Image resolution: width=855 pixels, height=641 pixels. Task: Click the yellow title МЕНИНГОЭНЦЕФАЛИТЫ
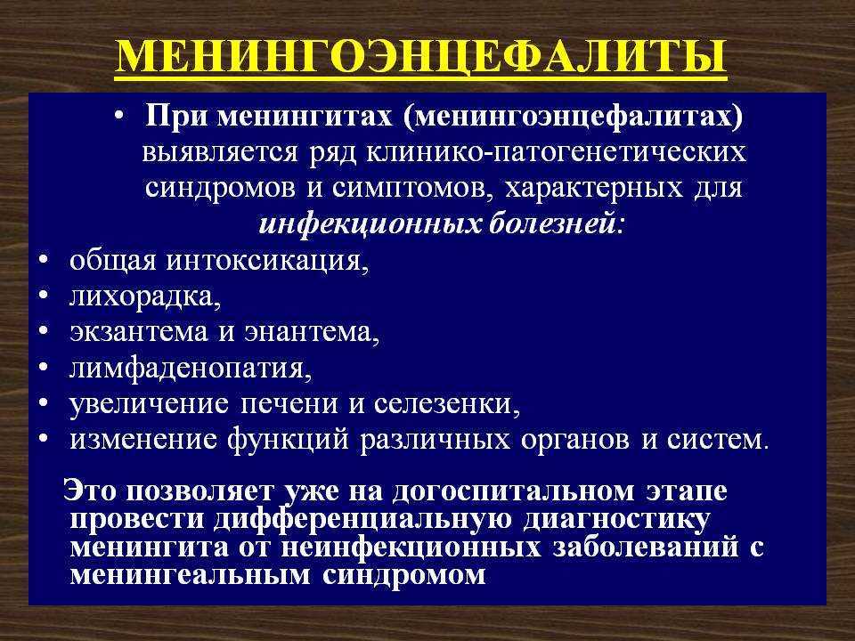(421, 56)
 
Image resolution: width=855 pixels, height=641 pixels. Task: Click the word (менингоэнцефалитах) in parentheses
(574, 118)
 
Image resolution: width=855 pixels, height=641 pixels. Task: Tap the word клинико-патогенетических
(555, 153)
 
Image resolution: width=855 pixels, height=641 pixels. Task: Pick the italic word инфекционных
(369, 225)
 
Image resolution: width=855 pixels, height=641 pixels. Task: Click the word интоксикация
(267, 261)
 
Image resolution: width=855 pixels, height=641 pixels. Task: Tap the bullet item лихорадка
(145, 297)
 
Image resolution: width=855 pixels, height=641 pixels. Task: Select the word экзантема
(139, 332)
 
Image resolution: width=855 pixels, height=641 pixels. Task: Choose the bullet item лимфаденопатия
(191, 369)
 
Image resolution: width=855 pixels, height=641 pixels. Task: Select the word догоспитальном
(513, 491)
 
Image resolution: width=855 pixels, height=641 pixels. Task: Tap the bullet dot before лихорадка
(45, 295)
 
